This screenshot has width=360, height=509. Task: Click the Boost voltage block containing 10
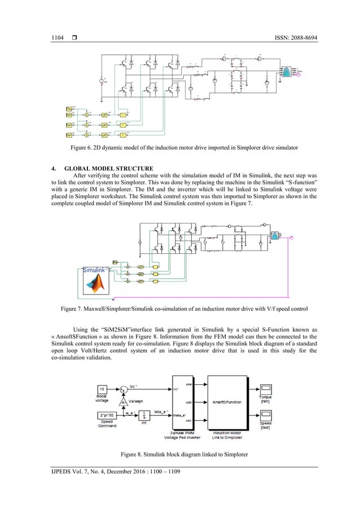tap(102, 390)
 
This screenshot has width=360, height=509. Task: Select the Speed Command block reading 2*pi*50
tap(102, 415)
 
